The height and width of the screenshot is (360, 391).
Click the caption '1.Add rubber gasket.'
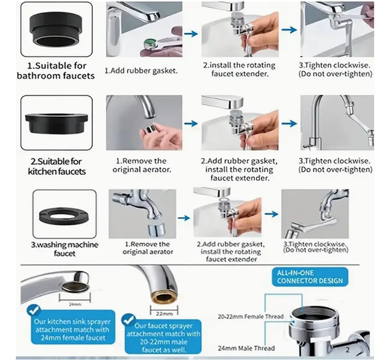[x=141, y=70]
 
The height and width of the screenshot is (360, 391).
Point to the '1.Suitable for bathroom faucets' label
[x=56, y=71]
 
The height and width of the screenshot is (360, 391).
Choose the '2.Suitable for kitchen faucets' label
[x=57, y=166]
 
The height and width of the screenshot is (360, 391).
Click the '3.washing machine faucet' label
[x=65, y=249]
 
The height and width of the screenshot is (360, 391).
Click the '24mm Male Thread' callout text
[x=246, y=348]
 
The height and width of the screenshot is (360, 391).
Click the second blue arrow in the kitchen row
[x=289, y=124]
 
